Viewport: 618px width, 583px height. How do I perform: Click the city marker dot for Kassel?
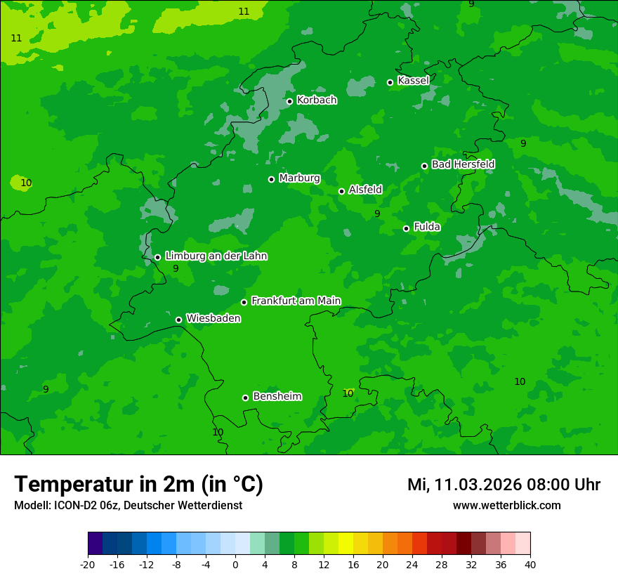click(x=390, y=82)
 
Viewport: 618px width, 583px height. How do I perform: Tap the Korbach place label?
click(x=317, y=100)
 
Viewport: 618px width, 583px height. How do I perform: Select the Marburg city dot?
click(x=272, y=179)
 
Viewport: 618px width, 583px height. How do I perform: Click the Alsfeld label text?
click(x=365, y=190)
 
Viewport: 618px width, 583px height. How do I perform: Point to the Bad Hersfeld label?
click(x=463, y=164)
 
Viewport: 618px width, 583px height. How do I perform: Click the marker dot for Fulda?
click(x=407, y=228)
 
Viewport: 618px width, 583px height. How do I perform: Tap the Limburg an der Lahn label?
click(x=216, y=256)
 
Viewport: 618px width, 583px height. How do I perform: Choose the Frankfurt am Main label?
click(x=296, y=301)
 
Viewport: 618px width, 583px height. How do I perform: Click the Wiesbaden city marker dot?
click(x=179, y=320)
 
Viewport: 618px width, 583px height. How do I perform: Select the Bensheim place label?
click(x=277, y=396)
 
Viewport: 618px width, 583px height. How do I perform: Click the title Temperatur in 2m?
click(x=138, y=484)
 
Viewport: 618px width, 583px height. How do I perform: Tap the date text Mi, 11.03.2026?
click(x=464, y=485)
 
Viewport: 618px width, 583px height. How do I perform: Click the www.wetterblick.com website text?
click(x=506, y=505)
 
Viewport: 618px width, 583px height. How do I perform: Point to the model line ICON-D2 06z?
click(x=128, y=505)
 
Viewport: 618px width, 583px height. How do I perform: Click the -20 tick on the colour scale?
click(x=88, y=565)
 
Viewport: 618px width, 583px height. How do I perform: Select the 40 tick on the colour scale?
click(x=530, y=565)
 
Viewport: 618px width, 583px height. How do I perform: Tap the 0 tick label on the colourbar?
click(x=235, y=565)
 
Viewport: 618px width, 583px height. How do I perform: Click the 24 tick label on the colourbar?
click(x=412, y=565)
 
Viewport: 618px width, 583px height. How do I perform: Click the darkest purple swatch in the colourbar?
click(x=95, y=544)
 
